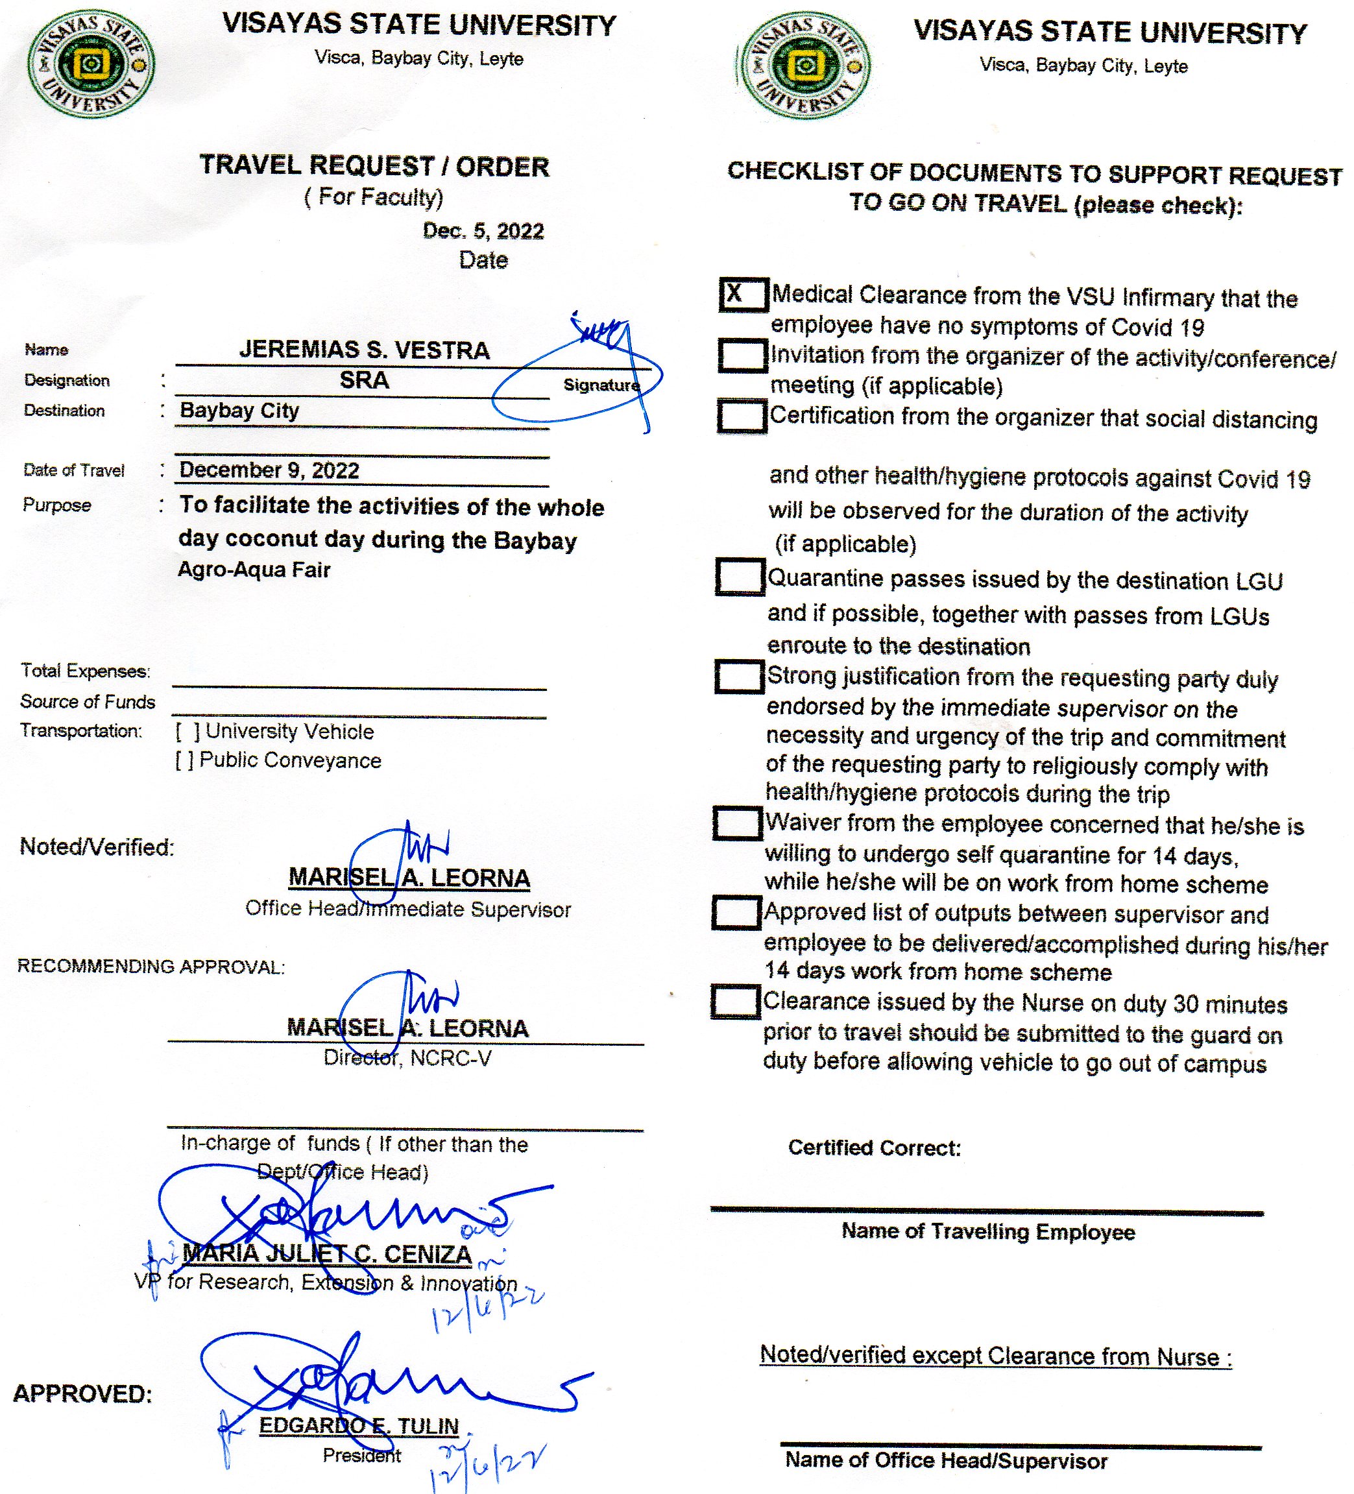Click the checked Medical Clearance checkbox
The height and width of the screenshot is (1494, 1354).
click(743, 295)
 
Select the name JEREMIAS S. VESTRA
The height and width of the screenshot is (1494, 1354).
click(364, 350)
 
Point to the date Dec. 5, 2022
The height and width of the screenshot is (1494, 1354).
click(483, 231)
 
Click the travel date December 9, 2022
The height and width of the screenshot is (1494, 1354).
click(269, 470)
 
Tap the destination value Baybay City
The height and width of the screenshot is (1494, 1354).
click(239, 411)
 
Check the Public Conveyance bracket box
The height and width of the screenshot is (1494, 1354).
click(184, 761)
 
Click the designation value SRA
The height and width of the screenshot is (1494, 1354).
click(364, 380)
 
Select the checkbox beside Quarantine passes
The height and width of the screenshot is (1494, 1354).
click(739, 577)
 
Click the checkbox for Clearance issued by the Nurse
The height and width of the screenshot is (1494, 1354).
click(734, 1001)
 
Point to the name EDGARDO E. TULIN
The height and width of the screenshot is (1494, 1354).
click(359, 1426)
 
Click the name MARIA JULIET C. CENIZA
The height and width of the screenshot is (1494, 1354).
click(327, 1253)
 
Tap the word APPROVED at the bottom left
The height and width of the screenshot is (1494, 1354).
click(82, 1394)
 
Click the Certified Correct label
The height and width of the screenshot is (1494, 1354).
click(874, 1148)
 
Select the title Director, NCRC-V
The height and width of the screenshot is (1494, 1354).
click(407, 1058)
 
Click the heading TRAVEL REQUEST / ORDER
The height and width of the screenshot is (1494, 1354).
click(374, 166)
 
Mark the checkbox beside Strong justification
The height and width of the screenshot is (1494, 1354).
click(738, 677)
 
